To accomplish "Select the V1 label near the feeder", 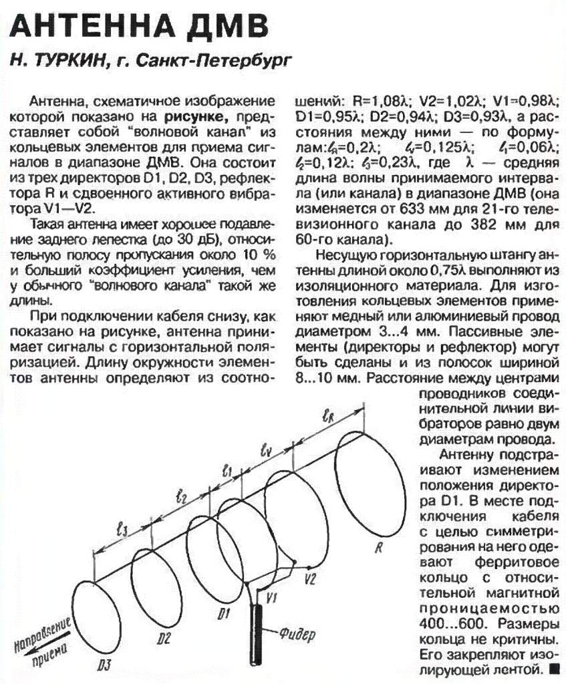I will (271, 597).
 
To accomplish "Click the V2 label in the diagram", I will (310, 575).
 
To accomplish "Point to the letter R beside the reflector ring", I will (378, 549).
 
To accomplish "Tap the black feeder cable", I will (258, 635).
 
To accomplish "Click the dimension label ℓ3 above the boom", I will (122, 529).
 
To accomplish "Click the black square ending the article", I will (552, 667).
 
